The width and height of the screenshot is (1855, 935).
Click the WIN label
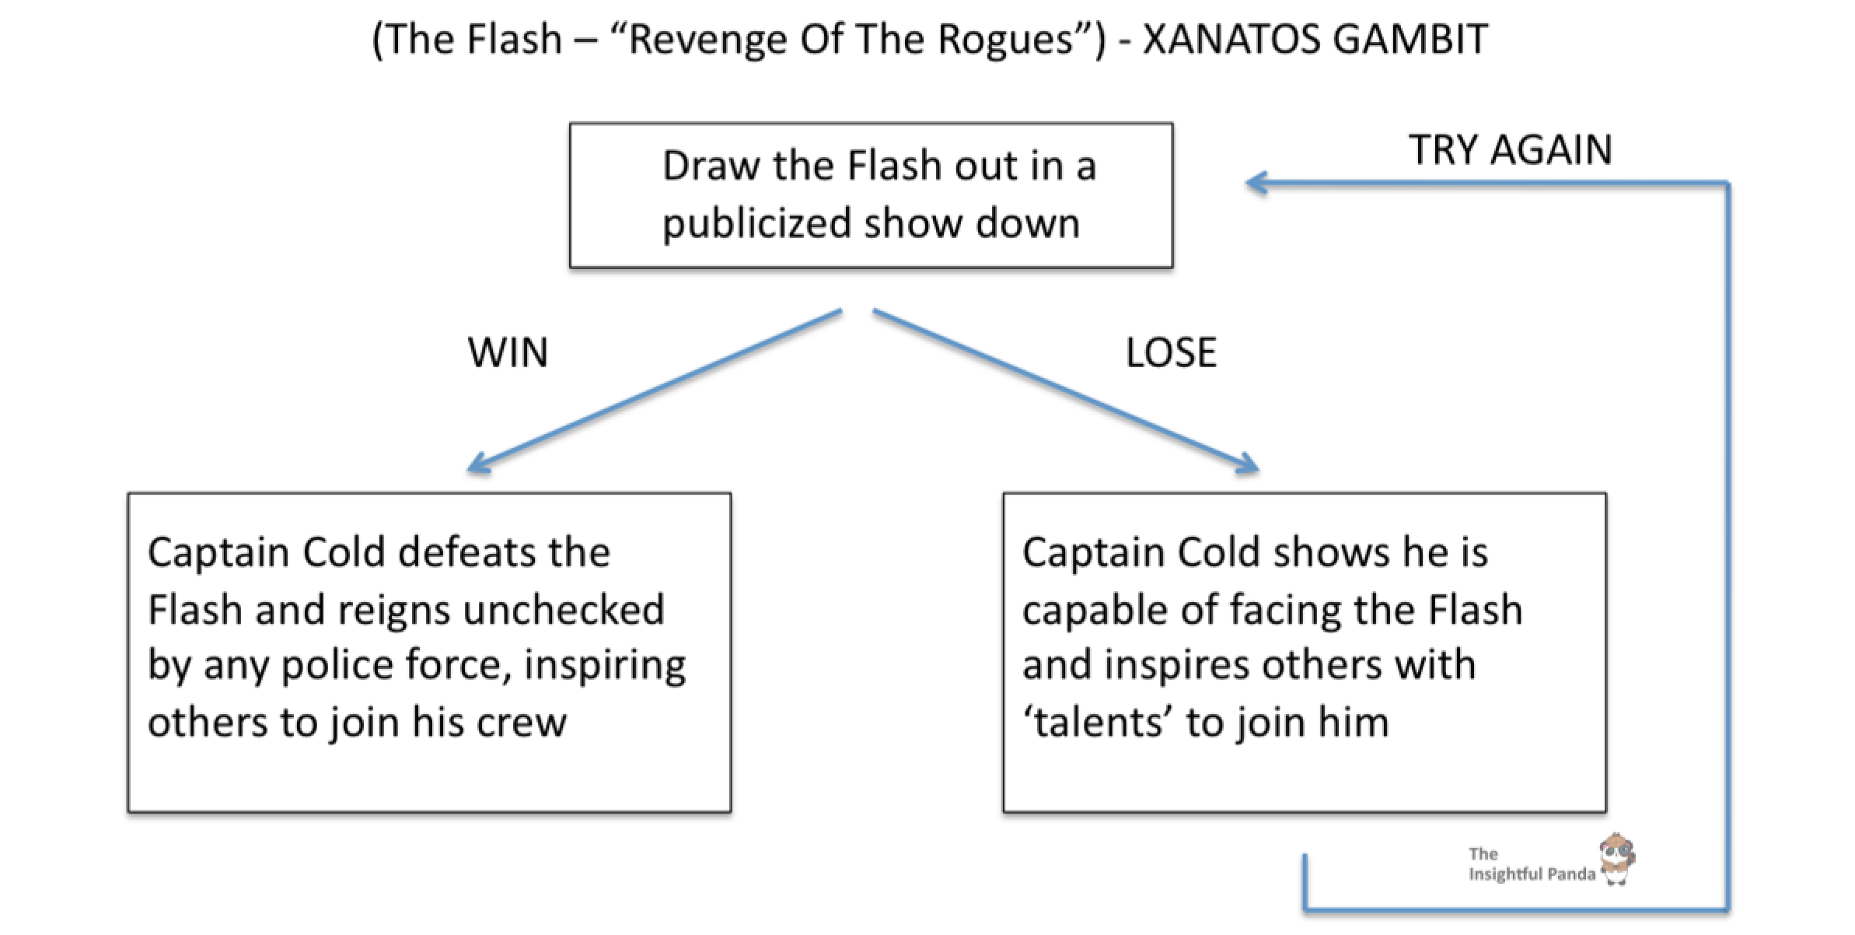tap(508, 352)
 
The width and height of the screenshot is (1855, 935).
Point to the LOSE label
tap(1171, 352)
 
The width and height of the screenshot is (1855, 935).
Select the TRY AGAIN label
tap(1510, 149)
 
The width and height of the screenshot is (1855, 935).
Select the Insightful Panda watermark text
tap(1530, 865)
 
